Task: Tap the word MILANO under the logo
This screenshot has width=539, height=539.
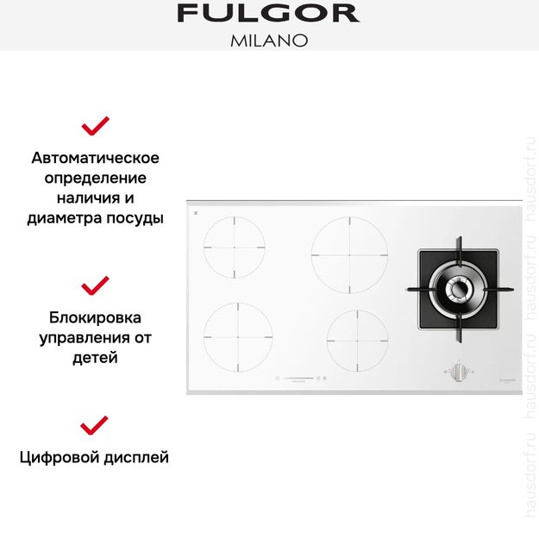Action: (268, 41)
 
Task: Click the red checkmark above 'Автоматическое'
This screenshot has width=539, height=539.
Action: (95, 127)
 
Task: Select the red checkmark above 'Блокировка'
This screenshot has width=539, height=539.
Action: (95, 285)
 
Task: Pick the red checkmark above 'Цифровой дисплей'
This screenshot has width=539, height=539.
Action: (95, 424)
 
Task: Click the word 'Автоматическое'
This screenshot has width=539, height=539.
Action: (95, 159)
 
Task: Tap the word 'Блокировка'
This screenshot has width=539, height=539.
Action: (95, 317)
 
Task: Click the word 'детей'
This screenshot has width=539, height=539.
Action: (95, 356)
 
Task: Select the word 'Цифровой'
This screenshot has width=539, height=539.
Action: (58, 457)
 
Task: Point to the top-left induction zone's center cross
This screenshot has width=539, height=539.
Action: (234, 247)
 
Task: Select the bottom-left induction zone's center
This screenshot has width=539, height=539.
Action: (237, 336)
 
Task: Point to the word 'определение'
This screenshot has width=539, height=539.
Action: (95, 179)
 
